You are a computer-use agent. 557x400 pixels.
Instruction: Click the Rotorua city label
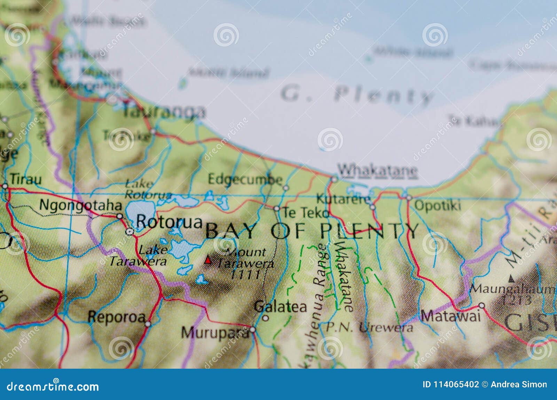click(x=169, y=222)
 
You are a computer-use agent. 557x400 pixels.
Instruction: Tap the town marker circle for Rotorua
click(x=130, y=232)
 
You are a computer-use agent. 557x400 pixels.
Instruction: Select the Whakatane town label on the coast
click(x=378, y=170)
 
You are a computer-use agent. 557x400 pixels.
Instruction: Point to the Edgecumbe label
click(x=245, y=179)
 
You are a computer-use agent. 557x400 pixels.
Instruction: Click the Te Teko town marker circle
click(x=276, y=209)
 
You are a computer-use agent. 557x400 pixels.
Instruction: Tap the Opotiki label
click(x=438, y=206)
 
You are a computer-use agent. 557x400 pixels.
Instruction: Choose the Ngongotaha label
click(x=80, y=205)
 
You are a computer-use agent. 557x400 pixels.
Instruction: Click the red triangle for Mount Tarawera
click(x=208, y=260)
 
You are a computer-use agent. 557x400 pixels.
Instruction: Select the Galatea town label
click(x=280, y=307)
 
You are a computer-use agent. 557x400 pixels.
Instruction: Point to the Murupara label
click(x=215, y=333)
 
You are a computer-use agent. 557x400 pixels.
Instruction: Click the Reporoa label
click(x=117, y=317)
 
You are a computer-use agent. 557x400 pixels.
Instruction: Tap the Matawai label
click(x=451, y=316)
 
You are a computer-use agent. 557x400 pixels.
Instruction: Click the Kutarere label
click(x=344, y=200)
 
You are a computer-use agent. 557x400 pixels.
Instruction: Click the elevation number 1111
click(x=246, y=275)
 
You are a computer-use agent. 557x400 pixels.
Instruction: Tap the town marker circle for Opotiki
click(x=409, y=198)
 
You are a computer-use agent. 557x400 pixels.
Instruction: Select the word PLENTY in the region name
click(x=369, y=231)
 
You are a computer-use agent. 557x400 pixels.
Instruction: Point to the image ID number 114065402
click(x=451, y=384)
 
